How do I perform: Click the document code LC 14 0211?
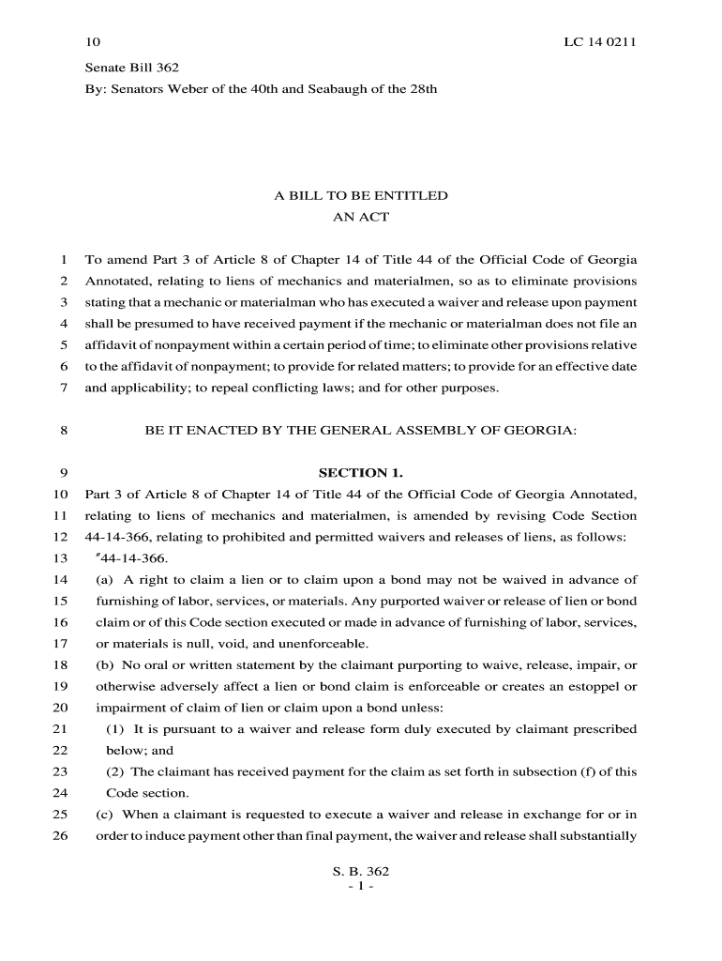(x=600, y=43)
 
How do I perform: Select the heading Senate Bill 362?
(x=131, y=68)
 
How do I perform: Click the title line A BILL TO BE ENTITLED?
(x=360, y=196)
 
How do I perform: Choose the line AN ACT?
(x=360, y=217)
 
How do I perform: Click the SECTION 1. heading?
(x=360, y=473)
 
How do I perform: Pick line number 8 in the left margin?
(x=63, y=431)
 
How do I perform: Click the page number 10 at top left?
(x=92, y=43)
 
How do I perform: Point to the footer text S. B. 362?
(x=360, y=871)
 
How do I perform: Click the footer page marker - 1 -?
(x=360, y=886)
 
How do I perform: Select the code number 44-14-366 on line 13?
(x=135, y=558)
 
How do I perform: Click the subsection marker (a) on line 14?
(x=105, y=580)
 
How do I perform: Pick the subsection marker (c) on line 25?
(x=105, y=815)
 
